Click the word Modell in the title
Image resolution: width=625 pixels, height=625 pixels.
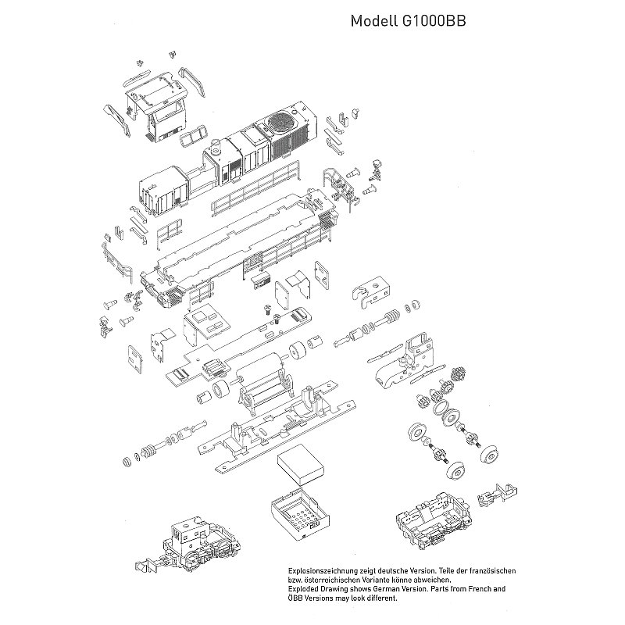click(x=374, y=21)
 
